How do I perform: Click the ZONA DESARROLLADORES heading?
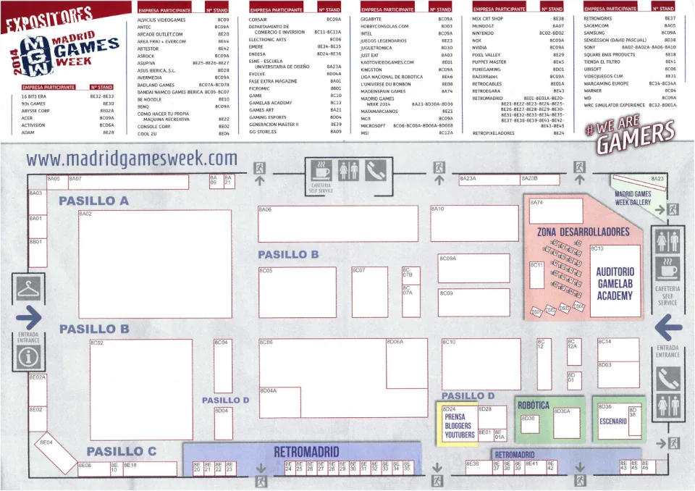(583, 232)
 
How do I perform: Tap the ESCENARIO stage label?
(612, 421)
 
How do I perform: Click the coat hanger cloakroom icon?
(29, 288)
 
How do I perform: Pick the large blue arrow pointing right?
(29, 316)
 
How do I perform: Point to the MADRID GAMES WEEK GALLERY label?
(633, 198)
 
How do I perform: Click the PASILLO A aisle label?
(93, 200)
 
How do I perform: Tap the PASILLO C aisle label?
(121, 452)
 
